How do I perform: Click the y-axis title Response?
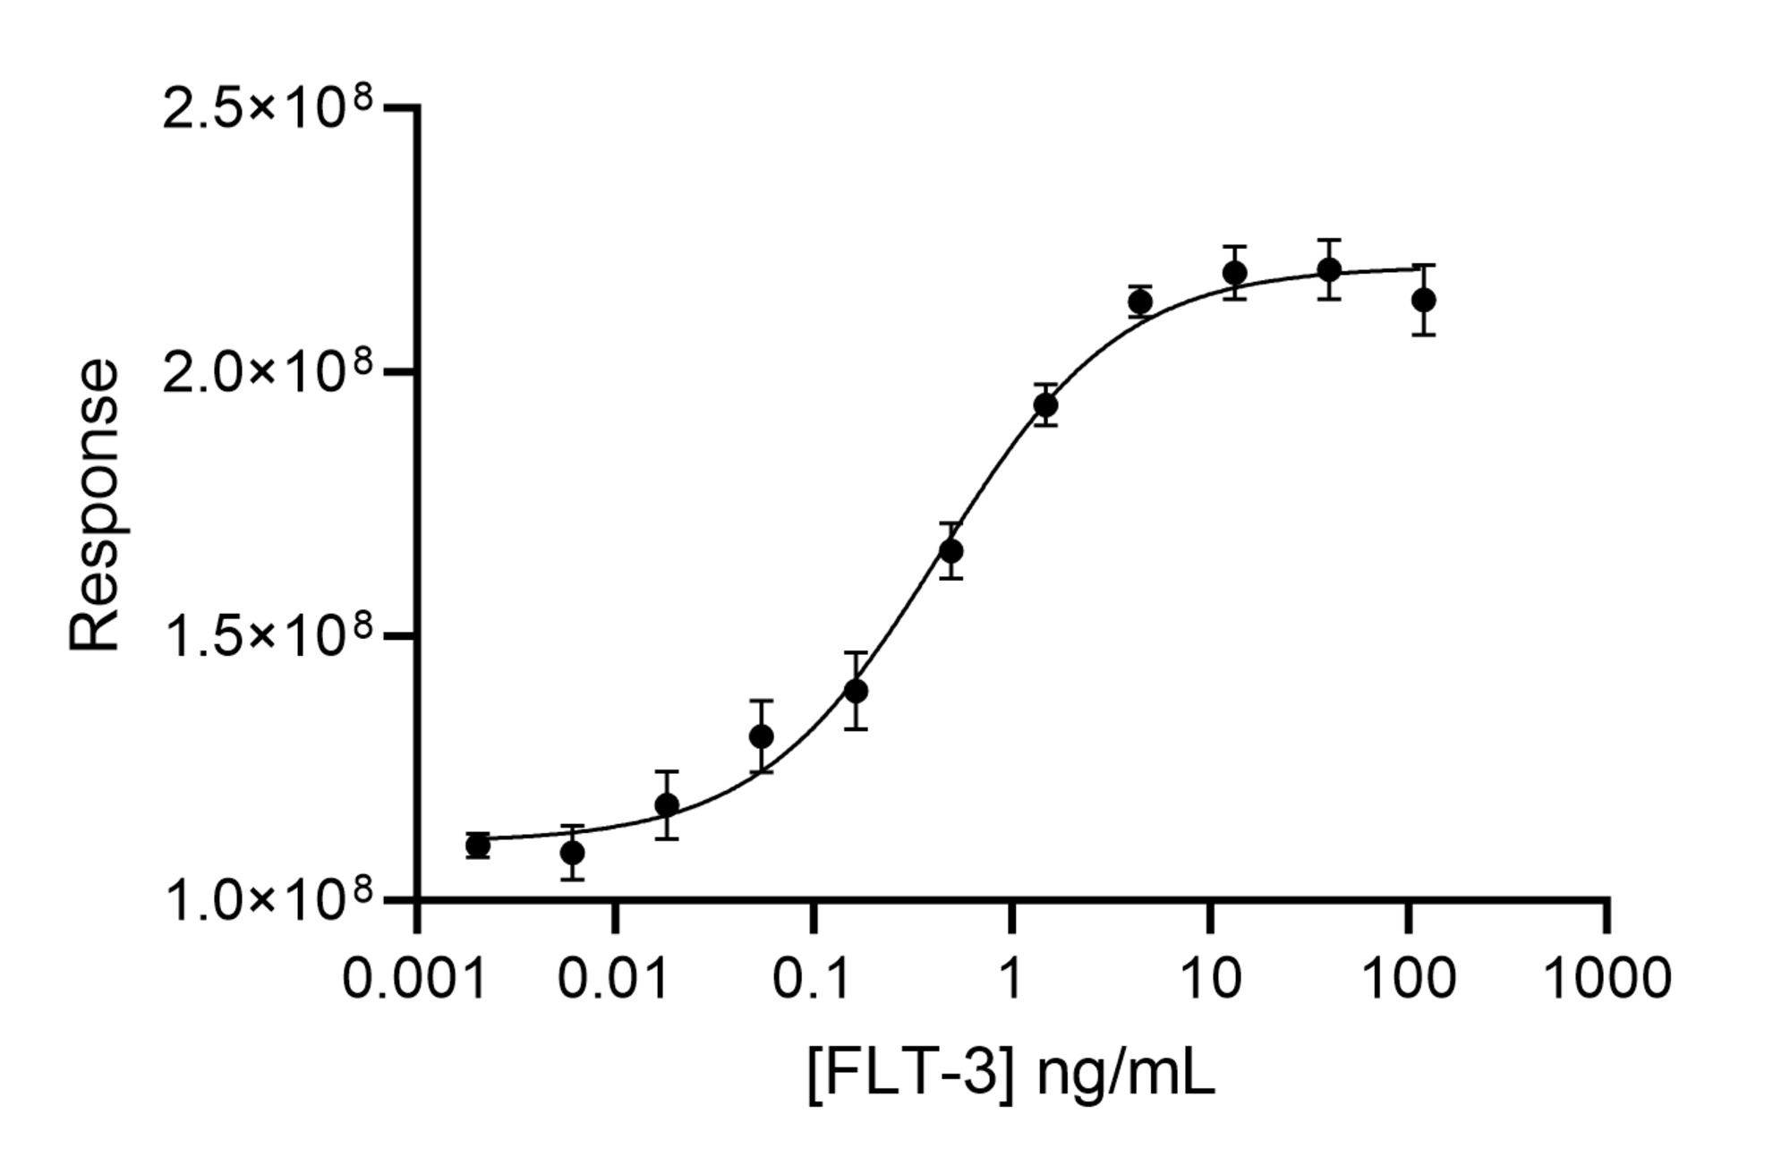[x=95, y=506]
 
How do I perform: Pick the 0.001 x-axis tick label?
[x=414, y=978]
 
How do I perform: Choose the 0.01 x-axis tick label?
[x=613, y=978]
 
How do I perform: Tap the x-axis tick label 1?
[x=1010, y=978]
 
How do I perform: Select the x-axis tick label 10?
[x=1211, y=978]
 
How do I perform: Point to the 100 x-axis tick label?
[x=1409, y=978]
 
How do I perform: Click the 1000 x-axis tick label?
[x=1608, y=978]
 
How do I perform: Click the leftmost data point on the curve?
[x=478, y=845]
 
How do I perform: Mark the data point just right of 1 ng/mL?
[x=1045, y=404]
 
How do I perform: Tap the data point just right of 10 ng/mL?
[x=1235, y=272]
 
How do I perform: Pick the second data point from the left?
[x=572, y=852]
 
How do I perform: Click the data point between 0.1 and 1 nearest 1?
[x=950, y=550]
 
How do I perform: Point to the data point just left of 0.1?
[x=761, y=736]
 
